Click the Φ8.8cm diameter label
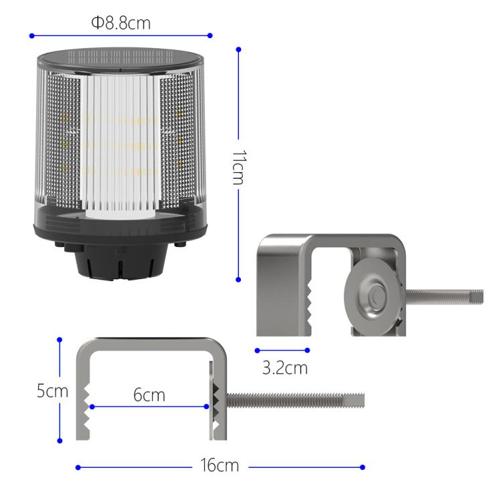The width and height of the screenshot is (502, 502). (120, 23)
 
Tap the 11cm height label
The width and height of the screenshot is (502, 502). (240, 168)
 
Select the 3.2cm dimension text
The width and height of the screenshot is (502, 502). (284, 368)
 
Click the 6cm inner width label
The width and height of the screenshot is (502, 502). (149, 394)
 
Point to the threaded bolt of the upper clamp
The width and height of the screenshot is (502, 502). (445, 295)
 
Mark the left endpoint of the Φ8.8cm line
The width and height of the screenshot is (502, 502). (31, 35)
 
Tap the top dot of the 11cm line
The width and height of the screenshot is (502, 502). (238, 48)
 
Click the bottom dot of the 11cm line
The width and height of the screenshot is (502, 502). (238, 280)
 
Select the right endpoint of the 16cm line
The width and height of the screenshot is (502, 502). (363, 467)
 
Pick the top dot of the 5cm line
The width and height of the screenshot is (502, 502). (60, 339)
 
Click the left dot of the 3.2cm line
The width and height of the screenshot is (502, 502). (257, 349)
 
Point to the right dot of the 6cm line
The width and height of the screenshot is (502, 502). (207, 406)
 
